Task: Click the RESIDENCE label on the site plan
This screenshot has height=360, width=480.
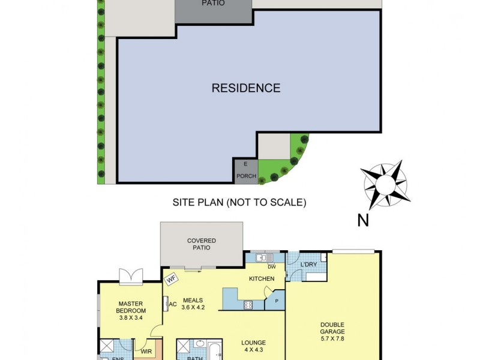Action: coord(246,88)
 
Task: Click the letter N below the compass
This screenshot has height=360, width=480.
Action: coord(363,221)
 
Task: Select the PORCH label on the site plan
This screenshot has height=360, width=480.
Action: coord(246,176)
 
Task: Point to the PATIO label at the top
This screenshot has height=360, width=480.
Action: coord(213,3)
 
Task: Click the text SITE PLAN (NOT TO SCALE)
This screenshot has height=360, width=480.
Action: coord(239,203)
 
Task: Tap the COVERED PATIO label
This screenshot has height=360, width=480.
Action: coord(202,244)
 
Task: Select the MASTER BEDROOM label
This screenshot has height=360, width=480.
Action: coord(131,307)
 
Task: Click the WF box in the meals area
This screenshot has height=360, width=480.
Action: coord(171,278)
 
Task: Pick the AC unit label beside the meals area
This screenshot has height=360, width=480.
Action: coord(172,304)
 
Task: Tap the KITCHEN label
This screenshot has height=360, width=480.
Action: coord(262,279)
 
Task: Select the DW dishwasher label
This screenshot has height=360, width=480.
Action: coord(272,267)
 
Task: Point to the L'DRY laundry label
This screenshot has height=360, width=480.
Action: coord(309,265)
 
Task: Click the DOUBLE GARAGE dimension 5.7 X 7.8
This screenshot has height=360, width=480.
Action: coord(332,338)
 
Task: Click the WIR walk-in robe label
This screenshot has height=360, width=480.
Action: coord(146,352)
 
